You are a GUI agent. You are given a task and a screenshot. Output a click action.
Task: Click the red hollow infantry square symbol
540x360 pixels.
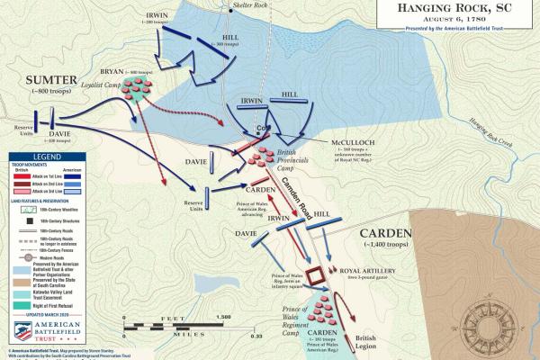tap(316, 274)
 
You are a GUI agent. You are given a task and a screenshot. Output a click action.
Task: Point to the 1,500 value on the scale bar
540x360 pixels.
tap(224, 318)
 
